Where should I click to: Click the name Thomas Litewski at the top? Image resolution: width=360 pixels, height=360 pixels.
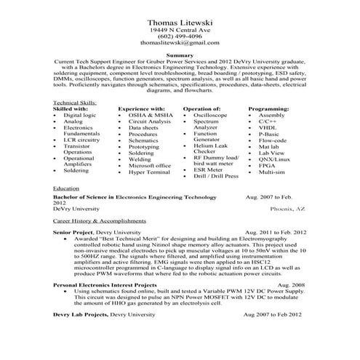180,23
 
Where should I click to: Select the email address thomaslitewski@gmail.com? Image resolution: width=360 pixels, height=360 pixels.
180,44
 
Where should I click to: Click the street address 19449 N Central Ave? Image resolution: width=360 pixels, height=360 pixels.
180,31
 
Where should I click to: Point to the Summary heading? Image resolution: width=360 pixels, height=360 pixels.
180,56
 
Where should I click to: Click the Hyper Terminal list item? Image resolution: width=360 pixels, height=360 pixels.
149,172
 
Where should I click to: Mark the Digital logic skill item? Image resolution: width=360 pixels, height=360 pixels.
79,116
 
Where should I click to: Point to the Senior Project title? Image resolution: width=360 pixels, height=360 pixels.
74,231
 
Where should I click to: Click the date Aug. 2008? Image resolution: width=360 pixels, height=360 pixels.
291,286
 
